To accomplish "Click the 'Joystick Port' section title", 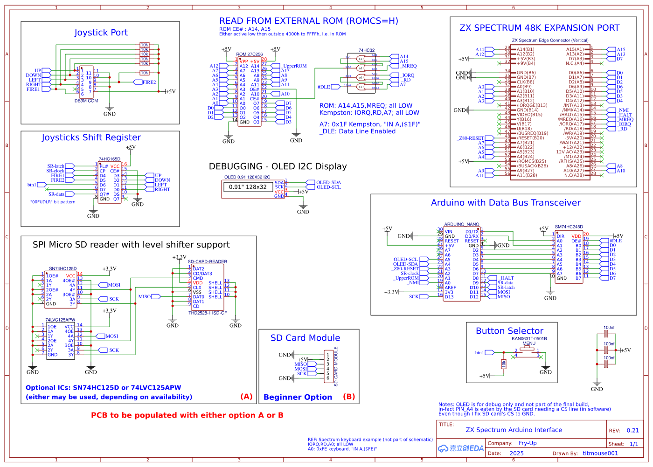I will pos(101,33).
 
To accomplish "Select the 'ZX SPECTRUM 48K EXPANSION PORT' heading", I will pos(539,28).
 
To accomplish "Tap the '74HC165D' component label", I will pos(109,159).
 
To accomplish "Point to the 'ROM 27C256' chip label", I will pos(249,55).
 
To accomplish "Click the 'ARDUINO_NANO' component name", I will pos(461,225).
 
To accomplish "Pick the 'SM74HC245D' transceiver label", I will pos(569,227).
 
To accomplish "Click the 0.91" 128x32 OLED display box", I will pos(248,187).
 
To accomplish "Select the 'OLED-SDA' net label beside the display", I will pos(328,183).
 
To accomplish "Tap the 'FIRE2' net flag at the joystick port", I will pos(149,82).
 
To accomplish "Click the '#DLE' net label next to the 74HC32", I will pos(324,87).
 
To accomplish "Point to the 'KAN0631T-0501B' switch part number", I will pos(529,339).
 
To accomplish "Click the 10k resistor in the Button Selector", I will pos(504,364).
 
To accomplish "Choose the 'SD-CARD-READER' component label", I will pos(207,262).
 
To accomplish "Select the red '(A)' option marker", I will pos(246,397).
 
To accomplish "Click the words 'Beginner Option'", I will pos(298,397).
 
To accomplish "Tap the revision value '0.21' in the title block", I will pos(632,431).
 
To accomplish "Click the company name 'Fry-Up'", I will pos(528,443).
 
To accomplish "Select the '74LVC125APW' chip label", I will pos(60,320).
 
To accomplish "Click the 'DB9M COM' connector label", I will pos(86,101).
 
